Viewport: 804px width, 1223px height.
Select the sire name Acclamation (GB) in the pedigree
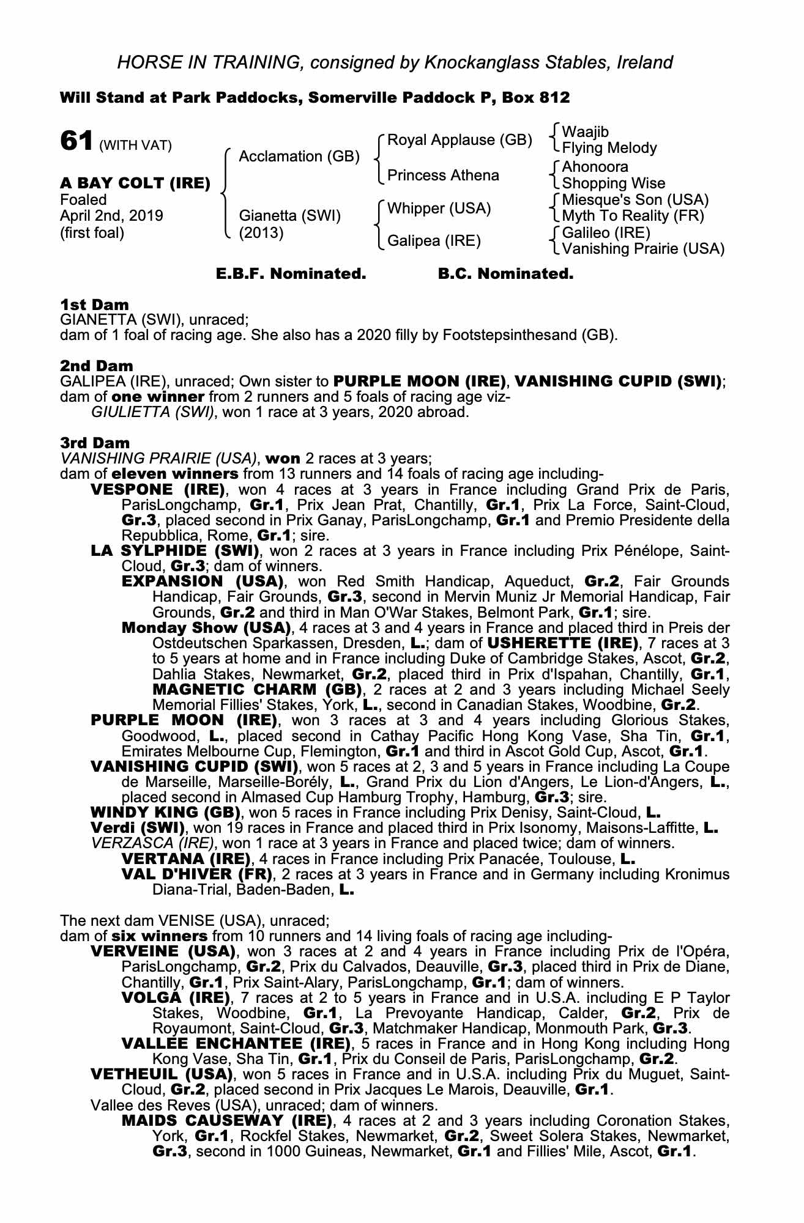click(x=299, y=157)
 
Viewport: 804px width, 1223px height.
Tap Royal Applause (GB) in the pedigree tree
click(x=460, y=140)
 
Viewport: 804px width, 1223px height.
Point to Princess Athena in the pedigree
click(x=443, y=176)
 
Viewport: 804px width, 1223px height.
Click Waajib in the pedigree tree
click(x=585, y=132)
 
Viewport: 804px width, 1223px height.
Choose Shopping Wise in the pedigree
click(x=613, y=183)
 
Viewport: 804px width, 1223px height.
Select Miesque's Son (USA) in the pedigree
click(x=635, y=199)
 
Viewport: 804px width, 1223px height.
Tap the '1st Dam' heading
click(x=94, y=305)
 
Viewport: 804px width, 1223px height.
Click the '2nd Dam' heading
click(x=96, y=366)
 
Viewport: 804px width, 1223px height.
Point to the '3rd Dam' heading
click(x=95, y=442)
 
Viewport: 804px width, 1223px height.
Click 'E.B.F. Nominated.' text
click(x=291, y=274)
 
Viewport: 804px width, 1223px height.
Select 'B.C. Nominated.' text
click(x=505, y=274)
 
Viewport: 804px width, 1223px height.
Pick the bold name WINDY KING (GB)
click(x=165, y=813)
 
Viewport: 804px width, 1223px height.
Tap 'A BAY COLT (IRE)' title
click(x=135, y=183)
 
